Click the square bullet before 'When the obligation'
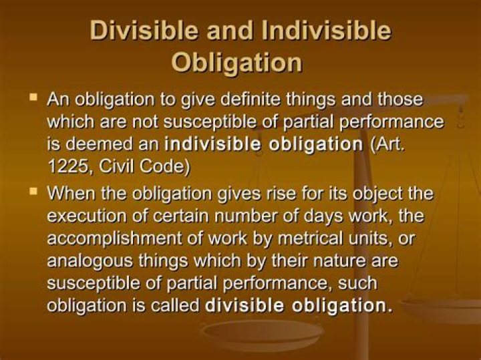click(32, 191)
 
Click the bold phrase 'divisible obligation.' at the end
click(298, 305)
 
